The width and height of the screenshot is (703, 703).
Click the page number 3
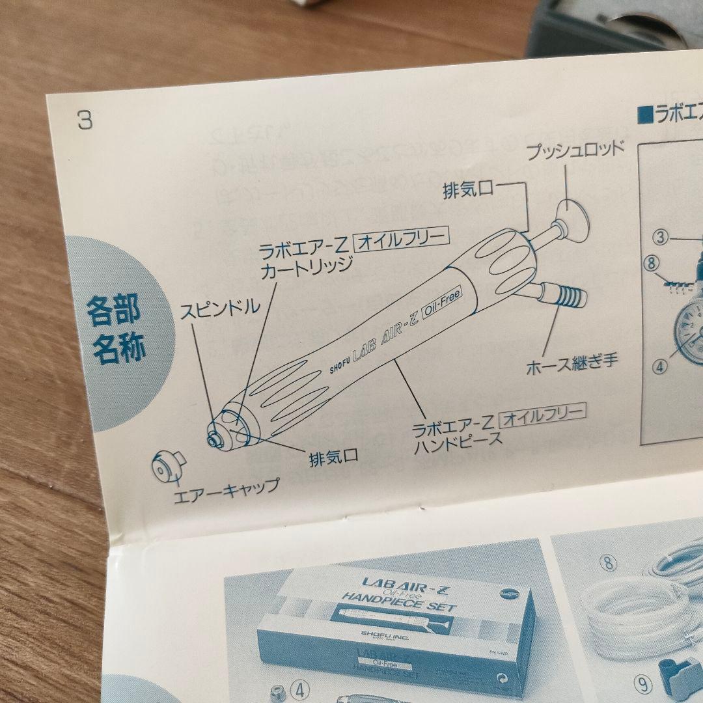(x=85, y=120)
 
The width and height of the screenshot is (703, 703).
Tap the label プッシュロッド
(x=575, y=148)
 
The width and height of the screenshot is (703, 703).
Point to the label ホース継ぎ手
(x=572, y=368)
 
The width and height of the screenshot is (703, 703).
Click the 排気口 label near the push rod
(x=468, y=190)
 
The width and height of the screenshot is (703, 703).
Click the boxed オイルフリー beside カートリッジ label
(x=401, y=241)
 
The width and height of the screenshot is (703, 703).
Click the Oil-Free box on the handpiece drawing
(x=441, y=304)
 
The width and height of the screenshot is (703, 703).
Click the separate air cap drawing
(x=165, y=466)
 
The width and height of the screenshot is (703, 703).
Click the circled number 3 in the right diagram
(x=661, y=237)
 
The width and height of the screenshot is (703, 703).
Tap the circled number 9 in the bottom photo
(x=644, y=683)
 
